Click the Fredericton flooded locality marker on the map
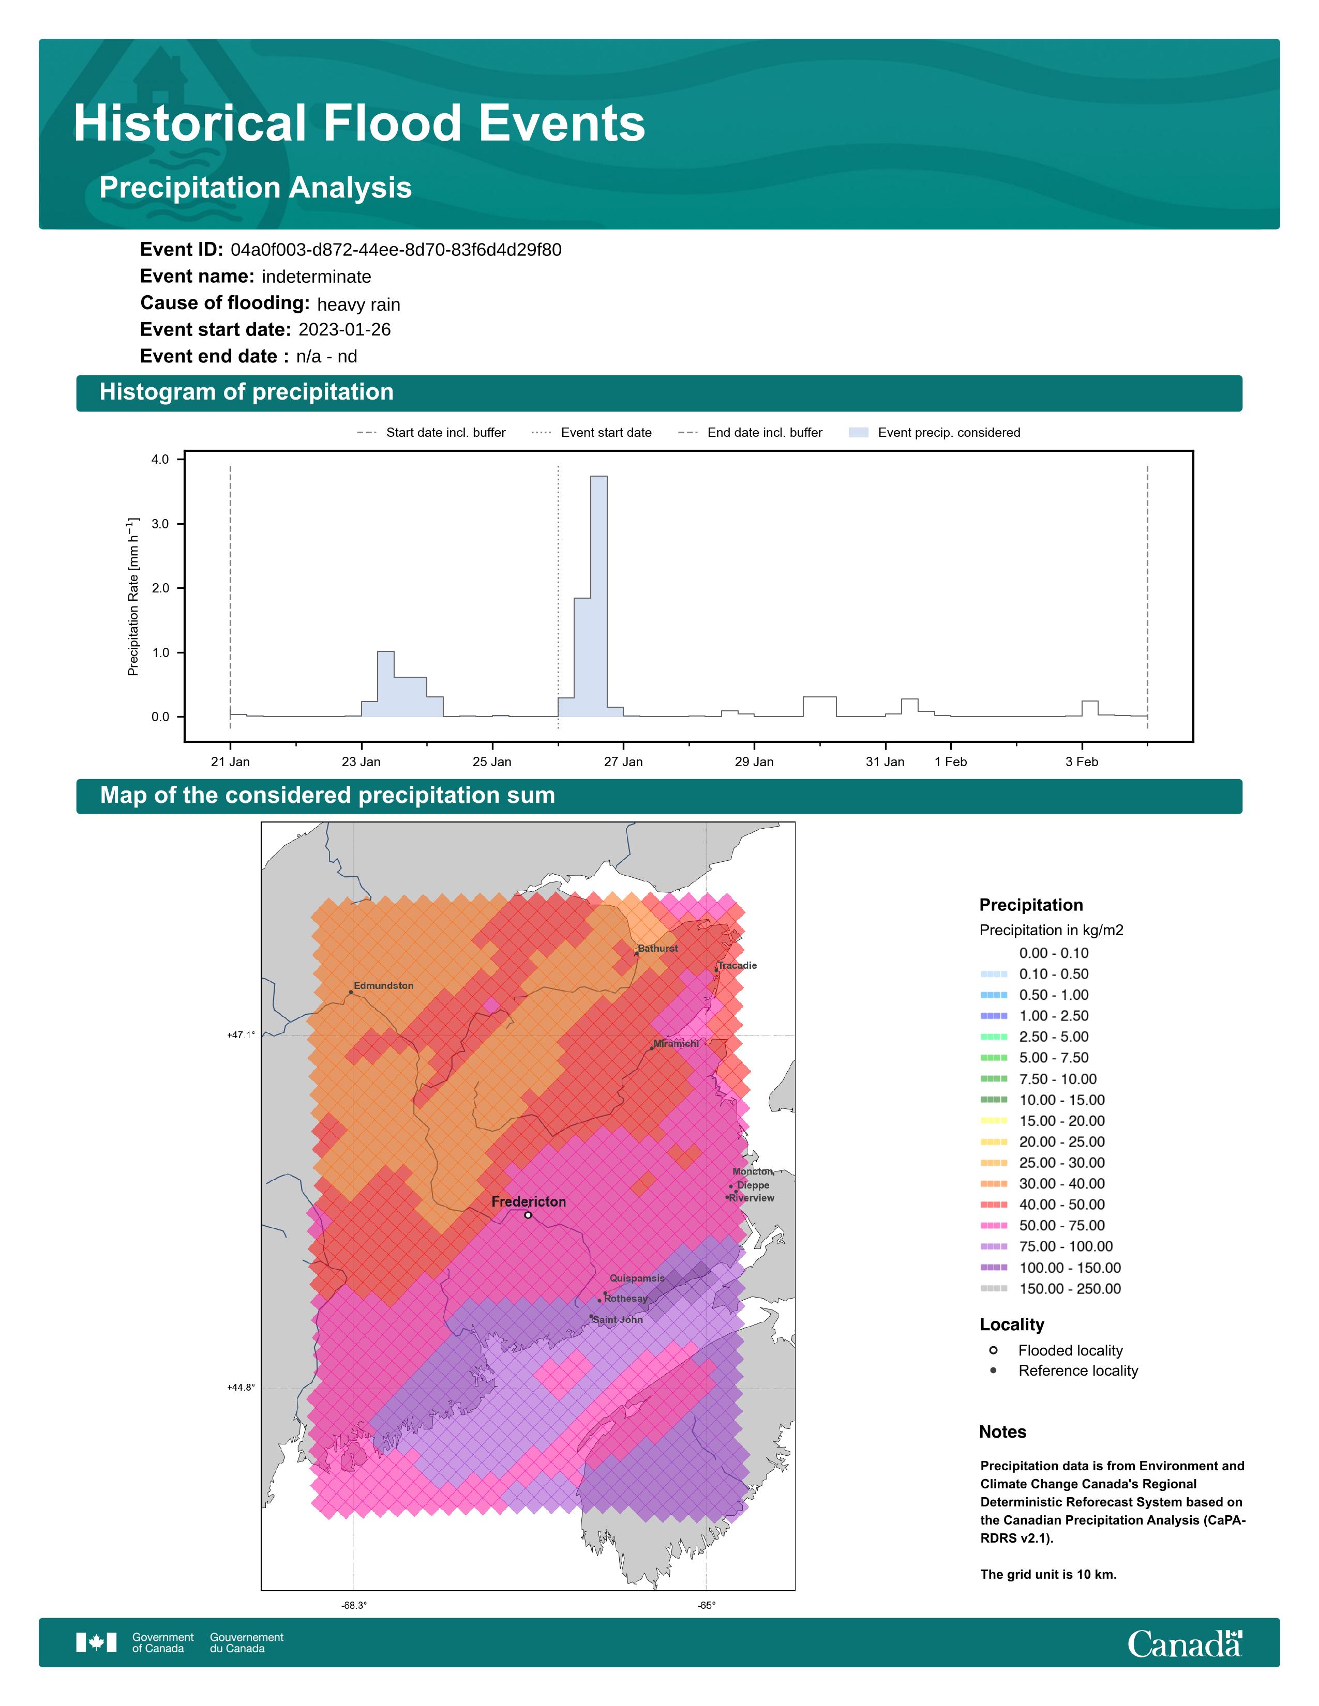(528, 1215)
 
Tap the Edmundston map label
(384, 986)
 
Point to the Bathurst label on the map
(658, 948)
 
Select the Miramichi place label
(676, 1044)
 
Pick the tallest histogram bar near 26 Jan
(598, 593)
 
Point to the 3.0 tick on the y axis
(160, 524)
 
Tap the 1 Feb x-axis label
(950, 761)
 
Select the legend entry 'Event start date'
(606, 433)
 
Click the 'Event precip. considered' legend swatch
(858, 433)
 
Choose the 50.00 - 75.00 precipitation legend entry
(1061, 1226)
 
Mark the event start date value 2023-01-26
(344, 330)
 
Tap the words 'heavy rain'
(358, 304)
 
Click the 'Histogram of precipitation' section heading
(246, 392)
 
